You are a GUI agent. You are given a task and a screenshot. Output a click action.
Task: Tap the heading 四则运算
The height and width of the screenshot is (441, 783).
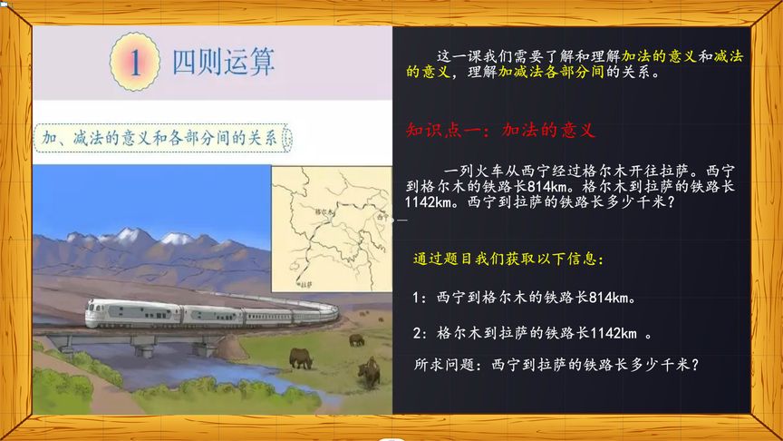(x=223, y=61)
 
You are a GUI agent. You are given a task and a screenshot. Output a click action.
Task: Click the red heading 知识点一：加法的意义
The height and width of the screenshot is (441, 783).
(x=500, y=130)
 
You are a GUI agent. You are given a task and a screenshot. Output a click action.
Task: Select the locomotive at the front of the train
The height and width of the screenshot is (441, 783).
(x=109, y=313)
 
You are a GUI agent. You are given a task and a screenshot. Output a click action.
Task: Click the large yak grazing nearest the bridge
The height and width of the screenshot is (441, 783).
(x=301, y=358)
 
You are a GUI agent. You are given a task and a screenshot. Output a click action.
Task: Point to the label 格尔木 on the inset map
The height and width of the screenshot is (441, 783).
(x=323, y=211)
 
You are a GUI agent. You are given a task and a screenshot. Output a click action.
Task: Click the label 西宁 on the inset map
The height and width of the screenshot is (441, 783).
(x=382, y=217)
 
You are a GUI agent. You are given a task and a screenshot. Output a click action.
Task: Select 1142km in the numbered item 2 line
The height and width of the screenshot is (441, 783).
(x=619, y=332)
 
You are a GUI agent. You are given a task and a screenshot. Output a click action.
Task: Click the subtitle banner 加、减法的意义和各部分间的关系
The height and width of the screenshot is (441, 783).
(x=159, y=138)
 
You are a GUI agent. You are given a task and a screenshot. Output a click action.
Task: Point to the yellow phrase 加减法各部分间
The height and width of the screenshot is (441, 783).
(x=551, y=73)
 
